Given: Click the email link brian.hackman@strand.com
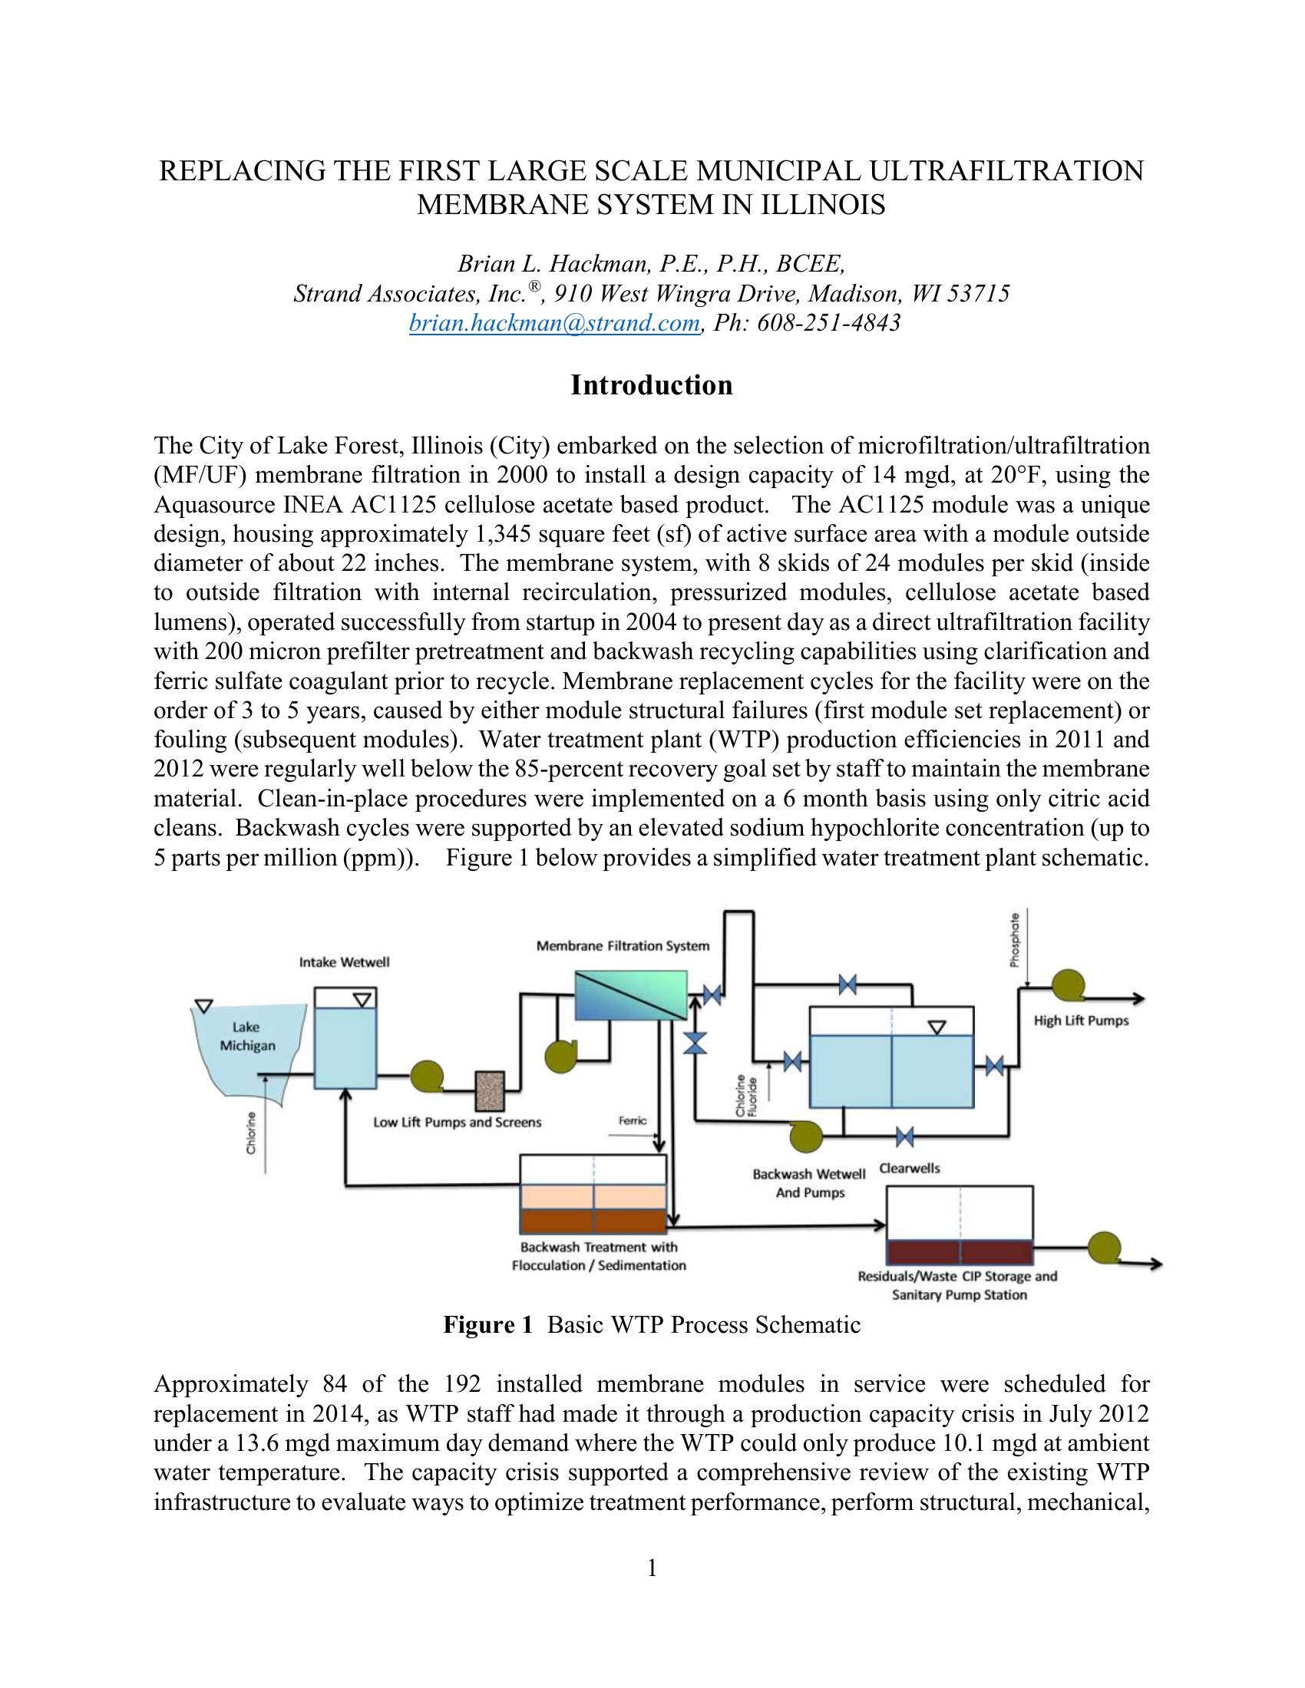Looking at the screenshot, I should [553, 323].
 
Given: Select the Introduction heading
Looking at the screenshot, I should [651, 385].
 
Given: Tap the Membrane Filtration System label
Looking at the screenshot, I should [623, 946].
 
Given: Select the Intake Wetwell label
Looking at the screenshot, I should [344, 962].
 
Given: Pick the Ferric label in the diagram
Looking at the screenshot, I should [633, 1120].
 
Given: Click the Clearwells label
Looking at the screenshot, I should [909, 1169].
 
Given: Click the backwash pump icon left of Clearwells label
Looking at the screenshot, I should [804, 1136].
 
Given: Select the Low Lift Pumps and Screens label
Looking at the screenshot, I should [457, 1123].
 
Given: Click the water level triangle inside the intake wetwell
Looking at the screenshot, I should [361, 999].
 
